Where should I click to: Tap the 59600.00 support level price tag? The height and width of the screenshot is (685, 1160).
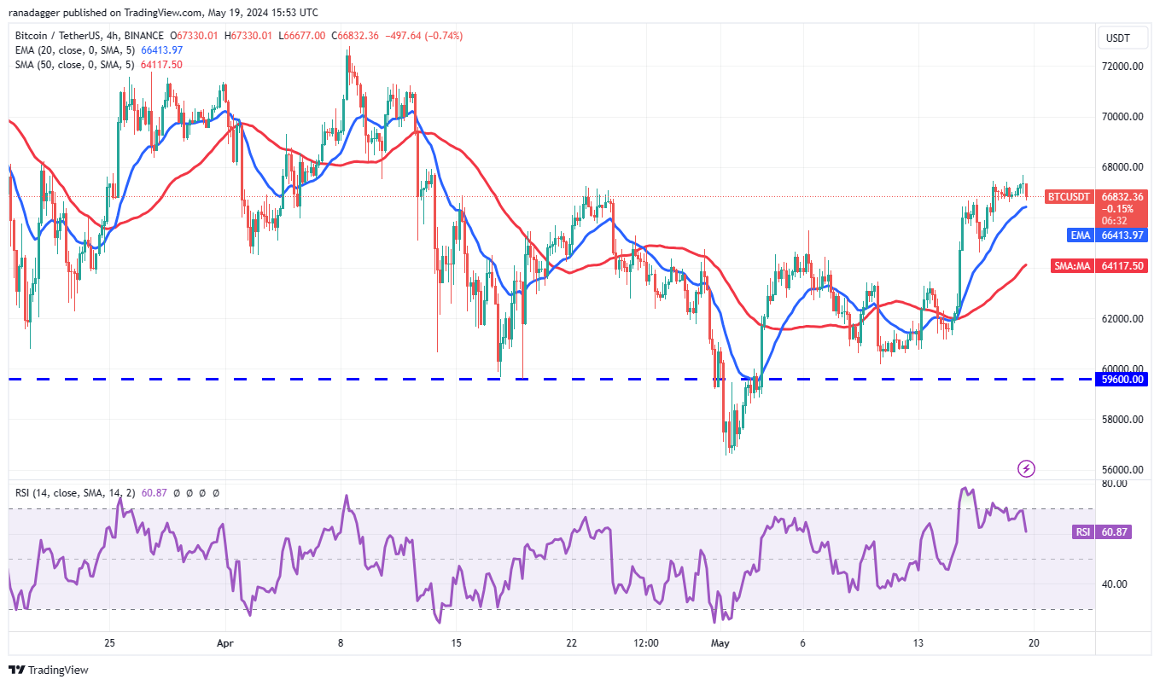1122,380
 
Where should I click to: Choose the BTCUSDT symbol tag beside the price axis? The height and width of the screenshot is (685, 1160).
1068,197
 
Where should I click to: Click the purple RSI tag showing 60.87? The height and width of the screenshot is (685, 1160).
1082,532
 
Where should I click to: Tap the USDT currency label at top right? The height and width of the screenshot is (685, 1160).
1117,38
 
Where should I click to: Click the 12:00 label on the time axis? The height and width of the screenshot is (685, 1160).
646,643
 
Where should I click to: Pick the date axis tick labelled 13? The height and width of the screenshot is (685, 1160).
918,643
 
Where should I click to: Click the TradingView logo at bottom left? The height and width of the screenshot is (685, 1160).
49,670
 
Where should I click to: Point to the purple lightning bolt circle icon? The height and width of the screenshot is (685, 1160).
1027,468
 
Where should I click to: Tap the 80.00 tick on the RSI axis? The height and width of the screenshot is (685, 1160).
1114,484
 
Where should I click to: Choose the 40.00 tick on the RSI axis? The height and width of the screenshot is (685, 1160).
1114,584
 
